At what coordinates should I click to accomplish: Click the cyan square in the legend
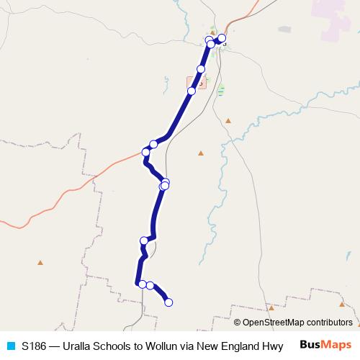pos(10,346)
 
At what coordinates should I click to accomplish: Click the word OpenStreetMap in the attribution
pos(273,323)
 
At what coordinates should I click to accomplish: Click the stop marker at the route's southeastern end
pos(169,302)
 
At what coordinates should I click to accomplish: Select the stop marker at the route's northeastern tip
pos(222,37)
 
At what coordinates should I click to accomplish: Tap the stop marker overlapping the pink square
pos(192,91)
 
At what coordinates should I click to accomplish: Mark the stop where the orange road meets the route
pos(145,152)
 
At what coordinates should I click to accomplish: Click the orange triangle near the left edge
pos(41,262)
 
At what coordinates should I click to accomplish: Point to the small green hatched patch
pos(220,91)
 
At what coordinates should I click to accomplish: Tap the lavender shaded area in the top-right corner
pos(335,18)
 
